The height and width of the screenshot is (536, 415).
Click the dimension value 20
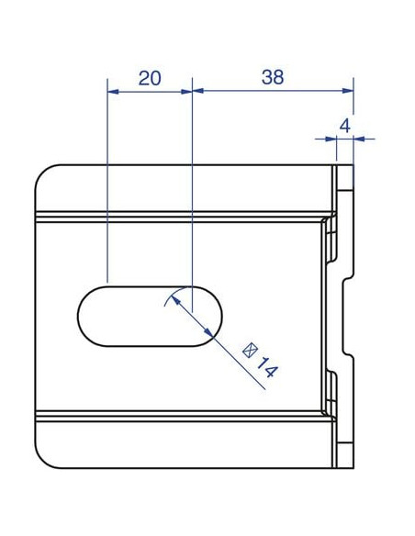pos(150,78)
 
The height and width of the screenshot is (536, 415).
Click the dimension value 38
pos(273,77)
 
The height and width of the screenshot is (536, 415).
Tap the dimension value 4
pos(345,126)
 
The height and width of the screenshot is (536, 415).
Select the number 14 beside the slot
pos(267,367)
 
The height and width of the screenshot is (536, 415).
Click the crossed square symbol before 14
pos(250,350)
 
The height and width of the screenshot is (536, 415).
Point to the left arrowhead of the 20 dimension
pos(113,92)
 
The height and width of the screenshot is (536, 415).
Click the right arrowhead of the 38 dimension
pos(348,91)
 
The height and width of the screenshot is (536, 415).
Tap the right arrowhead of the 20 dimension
pos(186,92)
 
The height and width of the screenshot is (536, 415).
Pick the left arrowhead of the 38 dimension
pos(198,91)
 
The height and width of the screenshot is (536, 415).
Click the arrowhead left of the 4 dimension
pos(331,139)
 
